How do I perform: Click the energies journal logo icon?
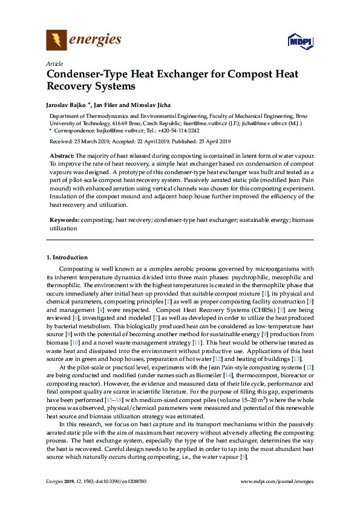(56, 41)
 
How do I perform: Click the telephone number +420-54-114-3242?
(178, 130)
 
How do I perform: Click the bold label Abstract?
(62, 156)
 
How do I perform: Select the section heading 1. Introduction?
(67, 258)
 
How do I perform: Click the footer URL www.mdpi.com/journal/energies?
(277, 481)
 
